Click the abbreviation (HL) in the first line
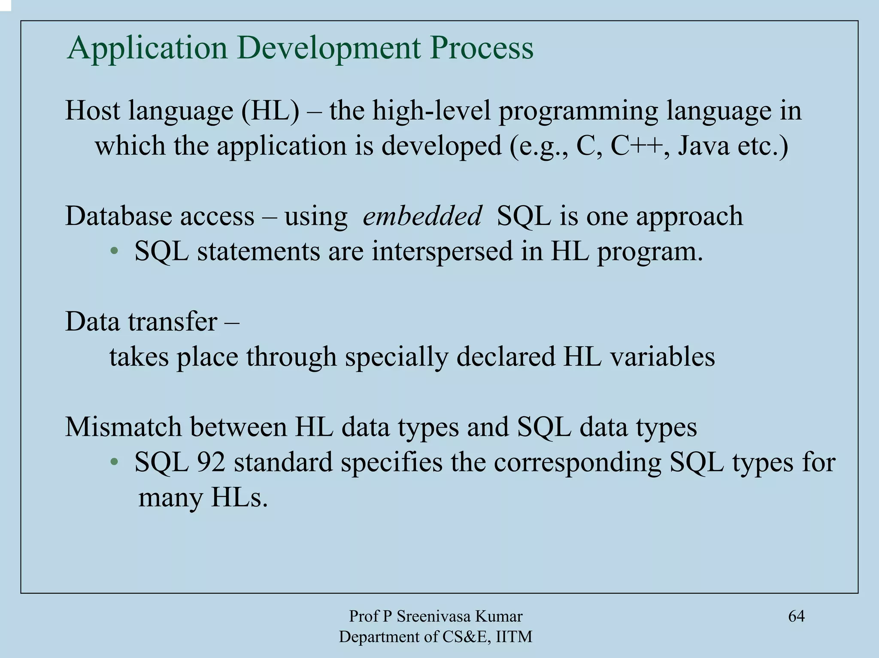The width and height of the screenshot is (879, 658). pyautogui.click(x=270, y=111)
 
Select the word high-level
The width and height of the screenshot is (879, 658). pyautogui.click(x=431, y=111)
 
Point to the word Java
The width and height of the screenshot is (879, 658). pyautogui.click(x=703, y=146)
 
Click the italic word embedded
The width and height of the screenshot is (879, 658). pyautogui.click(x=422, y=216)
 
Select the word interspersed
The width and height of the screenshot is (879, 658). pyautogui.click(x=442, y=251)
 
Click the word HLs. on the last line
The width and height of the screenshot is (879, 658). pyautogui.click(x=239, y=498)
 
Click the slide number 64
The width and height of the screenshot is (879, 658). pyautogui.click(x=796, y=616)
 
